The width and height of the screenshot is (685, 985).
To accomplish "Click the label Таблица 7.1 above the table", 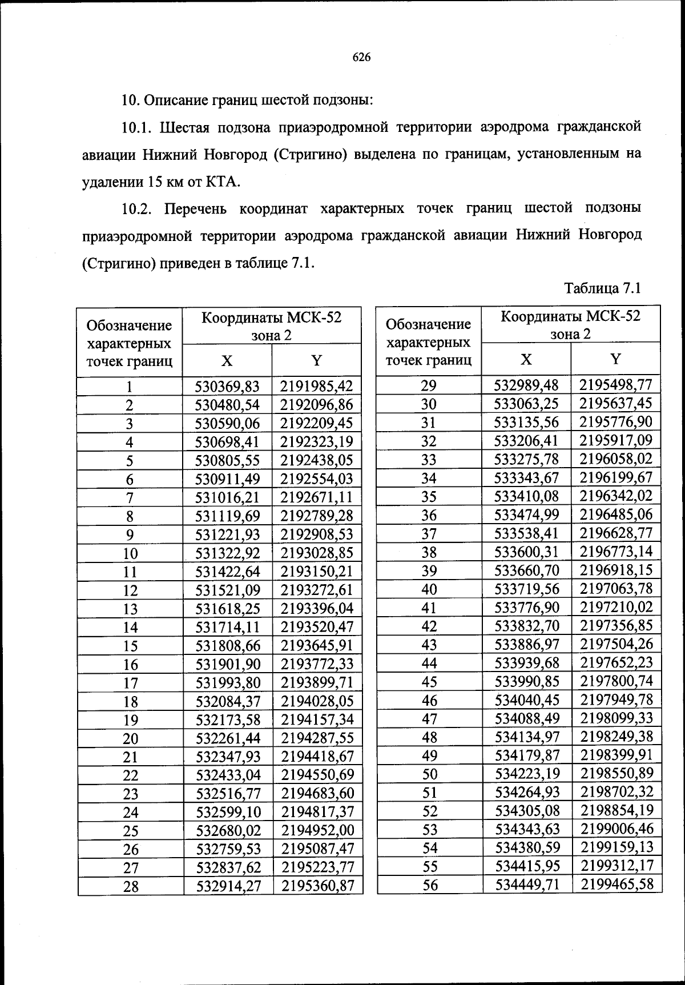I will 603,288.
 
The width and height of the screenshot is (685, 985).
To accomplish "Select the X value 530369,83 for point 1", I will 227,387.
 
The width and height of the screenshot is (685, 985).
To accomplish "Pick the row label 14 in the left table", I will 130,628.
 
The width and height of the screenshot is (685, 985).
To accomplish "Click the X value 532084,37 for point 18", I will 228,701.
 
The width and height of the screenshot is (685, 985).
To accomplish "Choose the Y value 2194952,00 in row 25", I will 317,831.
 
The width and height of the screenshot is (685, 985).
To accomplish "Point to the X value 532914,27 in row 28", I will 228,886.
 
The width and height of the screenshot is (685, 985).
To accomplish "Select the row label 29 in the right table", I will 429,385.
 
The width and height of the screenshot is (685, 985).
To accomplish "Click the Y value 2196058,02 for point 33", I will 615,459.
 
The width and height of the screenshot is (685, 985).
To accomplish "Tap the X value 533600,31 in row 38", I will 526,552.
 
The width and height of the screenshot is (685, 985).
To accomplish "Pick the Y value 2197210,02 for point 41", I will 616,607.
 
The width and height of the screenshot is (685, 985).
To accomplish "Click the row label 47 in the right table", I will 429,718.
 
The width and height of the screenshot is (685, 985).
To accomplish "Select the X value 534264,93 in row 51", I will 527,792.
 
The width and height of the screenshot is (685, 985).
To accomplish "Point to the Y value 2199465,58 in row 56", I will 616,885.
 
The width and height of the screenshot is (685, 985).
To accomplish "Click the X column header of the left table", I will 227,361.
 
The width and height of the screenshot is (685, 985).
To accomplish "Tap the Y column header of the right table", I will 615,359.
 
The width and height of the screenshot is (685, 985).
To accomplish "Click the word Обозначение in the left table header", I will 129,325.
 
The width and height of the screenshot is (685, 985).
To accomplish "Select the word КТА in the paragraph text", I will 223,182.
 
